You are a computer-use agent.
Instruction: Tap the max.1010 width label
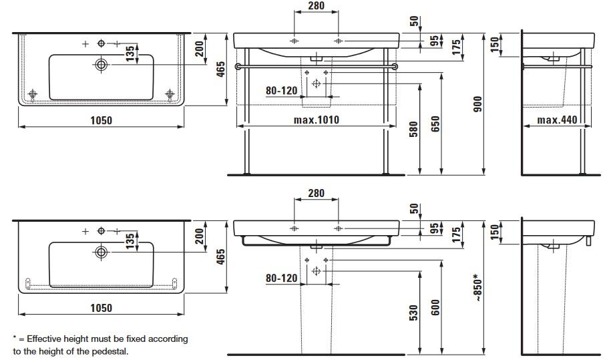coord(317,120)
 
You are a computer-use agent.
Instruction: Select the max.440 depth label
coord(556,120)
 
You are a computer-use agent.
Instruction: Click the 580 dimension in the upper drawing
coord(413,130)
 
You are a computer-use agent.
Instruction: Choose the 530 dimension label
coord(413,311)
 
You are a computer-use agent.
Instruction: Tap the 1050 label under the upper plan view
coord(100,120)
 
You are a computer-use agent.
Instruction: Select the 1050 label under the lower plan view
coord(100,308)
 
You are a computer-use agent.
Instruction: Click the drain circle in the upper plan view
coord(101,65)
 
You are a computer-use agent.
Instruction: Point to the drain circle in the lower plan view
coord(101,252)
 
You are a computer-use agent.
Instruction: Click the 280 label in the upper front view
coord(316,6)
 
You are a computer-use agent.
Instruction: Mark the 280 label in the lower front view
coord(316,194)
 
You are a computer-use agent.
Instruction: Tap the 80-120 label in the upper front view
coord(281,89)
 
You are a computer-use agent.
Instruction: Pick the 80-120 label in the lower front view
coord(281,277)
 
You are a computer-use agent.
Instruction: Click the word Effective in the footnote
coord(45,339)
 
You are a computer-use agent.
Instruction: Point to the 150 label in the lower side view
coord(495,232)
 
